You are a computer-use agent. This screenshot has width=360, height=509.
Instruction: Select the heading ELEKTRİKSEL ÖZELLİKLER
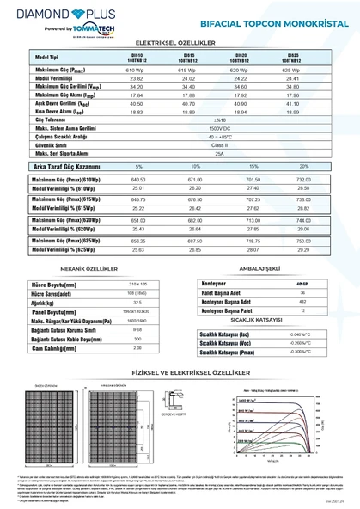tap(180, 41)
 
